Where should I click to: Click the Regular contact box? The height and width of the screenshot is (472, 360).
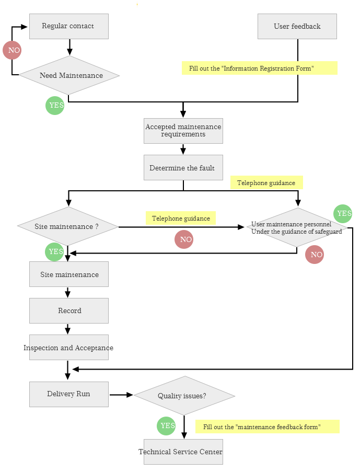pyautogui.click(x=68, y=26)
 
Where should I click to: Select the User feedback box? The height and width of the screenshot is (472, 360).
pyautogui.click(x=297, y=26)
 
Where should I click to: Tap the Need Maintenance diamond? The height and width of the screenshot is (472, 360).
pyautogui.click(x=69, y=75)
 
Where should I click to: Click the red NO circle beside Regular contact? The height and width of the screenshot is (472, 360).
pyautogui.click(x=12, y=50)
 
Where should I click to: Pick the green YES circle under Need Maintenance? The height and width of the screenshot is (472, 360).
pyautogui.click(x=55, y=105)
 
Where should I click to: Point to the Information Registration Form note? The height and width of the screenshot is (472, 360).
pyautogui.click(x=259, y=68)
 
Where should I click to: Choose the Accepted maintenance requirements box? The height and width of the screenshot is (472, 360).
pyautogui.click(x=183, y=130)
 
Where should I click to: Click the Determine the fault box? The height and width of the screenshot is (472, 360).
pyautogui.click(x=183, y=167)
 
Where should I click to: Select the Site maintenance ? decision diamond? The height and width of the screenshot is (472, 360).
pyautogui.click(x=68, y=226)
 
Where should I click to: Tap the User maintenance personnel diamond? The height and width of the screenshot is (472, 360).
pyautogui.click(x=297, y=227)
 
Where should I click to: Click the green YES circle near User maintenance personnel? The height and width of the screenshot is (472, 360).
pyautogui.click(x=343, y=213)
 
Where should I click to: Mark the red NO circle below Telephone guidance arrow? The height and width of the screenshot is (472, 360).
pyautogui.click(x=184, y=239)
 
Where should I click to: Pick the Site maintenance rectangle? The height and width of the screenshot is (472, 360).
pyautogui.click(x=68, y=274)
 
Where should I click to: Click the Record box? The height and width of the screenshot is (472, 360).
pyautogui.click(x=68, y=310)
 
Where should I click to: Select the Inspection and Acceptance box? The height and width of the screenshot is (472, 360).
pyautogui.click(x=68, y=347)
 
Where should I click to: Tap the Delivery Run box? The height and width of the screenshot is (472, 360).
pyautogui.click(x=68, y=394)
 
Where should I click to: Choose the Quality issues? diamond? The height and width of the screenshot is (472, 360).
pyautogui.click(x=184, y=396)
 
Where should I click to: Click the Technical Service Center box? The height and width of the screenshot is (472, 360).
pyautogui.click(x=183, y=452)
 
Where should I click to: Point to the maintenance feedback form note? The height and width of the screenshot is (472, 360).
pyautogui.click(x=267, y=427)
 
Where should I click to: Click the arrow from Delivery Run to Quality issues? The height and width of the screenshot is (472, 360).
pyautogui.click(x=121, y=395)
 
